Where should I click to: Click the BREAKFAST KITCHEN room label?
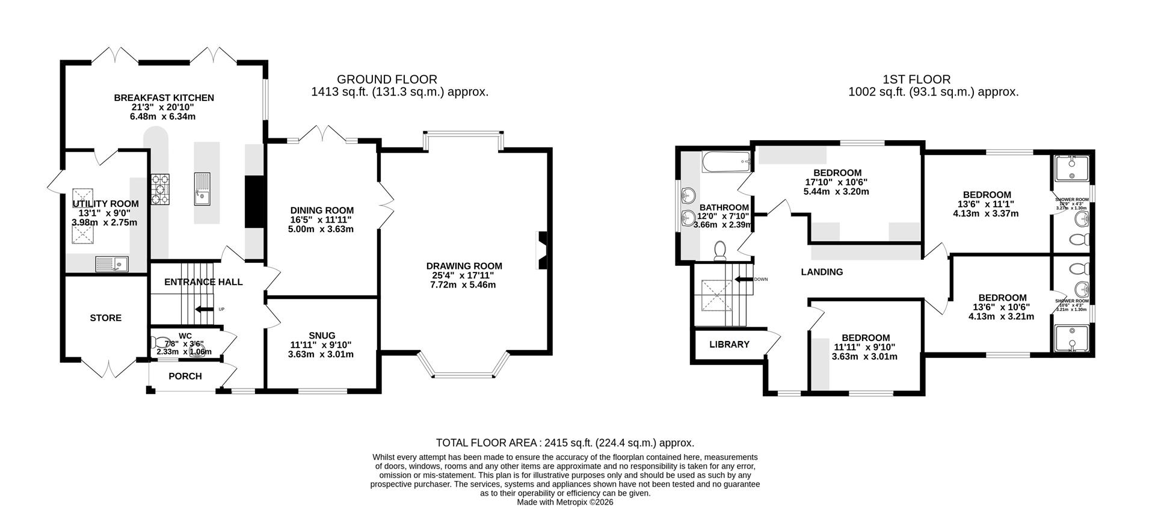click(164, 97)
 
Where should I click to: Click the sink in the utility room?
click(111, 263)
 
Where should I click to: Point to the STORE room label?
click(106, 318)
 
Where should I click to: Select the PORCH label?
click(185, 376)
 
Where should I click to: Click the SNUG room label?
click(322, 336)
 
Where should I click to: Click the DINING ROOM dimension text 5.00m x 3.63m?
click(322, 229)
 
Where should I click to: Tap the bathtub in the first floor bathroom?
click(726, 162)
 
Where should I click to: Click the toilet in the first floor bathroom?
click(720, 251)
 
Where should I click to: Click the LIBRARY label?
click(729, 345)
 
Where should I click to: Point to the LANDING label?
click(822, 272)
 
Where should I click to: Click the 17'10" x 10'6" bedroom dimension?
click(836, 182)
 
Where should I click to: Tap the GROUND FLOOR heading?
click(387, 79)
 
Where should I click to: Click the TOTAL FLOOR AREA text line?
click(565, 443)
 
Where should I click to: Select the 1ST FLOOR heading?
click(916, 79)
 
